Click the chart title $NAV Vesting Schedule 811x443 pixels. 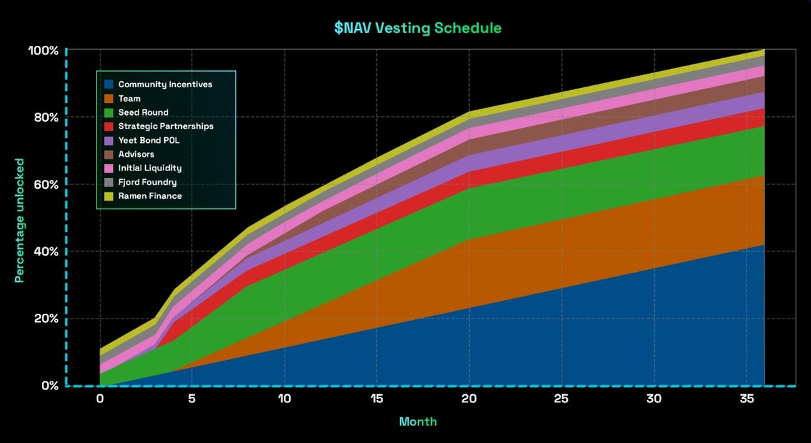tap(418, 28)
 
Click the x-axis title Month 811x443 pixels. tap(418, 421)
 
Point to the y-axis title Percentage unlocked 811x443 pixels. tap(20, 220)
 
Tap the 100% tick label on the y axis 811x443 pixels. tap(43, 51)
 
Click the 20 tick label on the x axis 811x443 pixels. tap(469, 399)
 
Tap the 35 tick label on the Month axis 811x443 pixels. tap(746, 399)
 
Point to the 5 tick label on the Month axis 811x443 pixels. tap(192, 399)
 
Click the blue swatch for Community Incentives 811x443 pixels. tap(108, 85)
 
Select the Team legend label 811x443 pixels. tap(129, 99)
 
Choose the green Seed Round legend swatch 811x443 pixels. tap(108, 112)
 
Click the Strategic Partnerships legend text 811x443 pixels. tap(166, 126)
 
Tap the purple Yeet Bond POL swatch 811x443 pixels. tap(108, 141)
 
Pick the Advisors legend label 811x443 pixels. tap(136, 154)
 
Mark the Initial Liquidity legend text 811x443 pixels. tap(149, 168)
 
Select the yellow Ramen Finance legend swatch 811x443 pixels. tap(108, 196)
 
